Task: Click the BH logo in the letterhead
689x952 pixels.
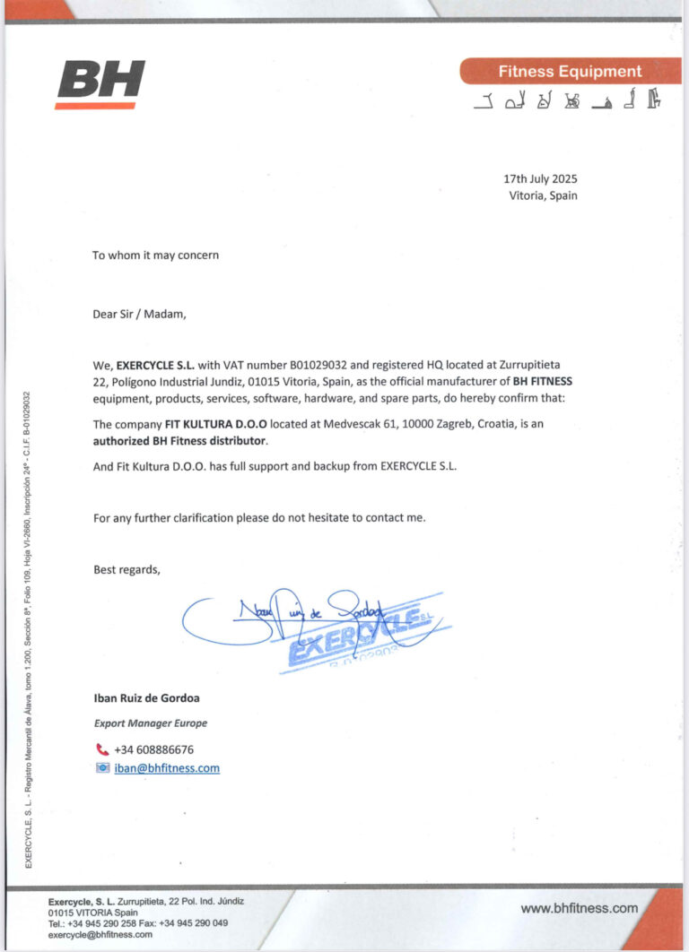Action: tap(100, 84)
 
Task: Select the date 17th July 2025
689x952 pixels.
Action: tap(540, 178)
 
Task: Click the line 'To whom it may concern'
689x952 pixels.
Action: tap(155, 255)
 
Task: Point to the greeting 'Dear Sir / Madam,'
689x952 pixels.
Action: tap(140, 314)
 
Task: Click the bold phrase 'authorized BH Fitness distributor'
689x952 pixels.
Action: tap(180, 441)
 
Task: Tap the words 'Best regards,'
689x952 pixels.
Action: tap(126, 568)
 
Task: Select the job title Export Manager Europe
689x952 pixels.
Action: tap(151, 723)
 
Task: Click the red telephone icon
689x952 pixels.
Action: tap(101, 749)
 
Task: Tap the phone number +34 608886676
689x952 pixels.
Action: tap(153, 749)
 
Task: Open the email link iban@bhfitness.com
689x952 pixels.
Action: tap(166, 768)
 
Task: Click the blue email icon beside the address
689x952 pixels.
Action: tap(102, 768)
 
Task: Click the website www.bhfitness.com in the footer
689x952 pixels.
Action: tap(579, 908)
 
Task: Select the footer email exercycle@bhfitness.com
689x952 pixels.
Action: tap(100, 934)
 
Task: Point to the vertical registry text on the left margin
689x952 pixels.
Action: tap(28, 627)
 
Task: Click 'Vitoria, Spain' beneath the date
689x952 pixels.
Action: tap(543, 195)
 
